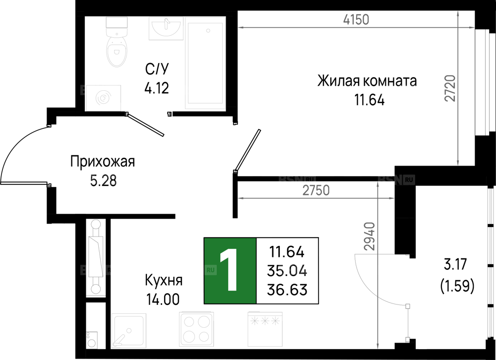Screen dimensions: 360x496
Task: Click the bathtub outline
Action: (x=205, y=63)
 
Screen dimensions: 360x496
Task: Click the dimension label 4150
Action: (x=356, y=19)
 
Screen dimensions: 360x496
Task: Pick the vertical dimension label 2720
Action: (x=450, y=88)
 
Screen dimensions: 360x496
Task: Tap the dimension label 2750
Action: (x=316, y=190)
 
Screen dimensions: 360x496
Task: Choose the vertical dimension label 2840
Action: (x=370, y=237)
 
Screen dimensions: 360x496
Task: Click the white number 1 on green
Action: (x=230, y=271)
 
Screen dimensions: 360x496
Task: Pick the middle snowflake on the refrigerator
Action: (x=265, y=320)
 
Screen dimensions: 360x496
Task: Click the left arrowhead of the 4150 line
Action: (x=240, y=28)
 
